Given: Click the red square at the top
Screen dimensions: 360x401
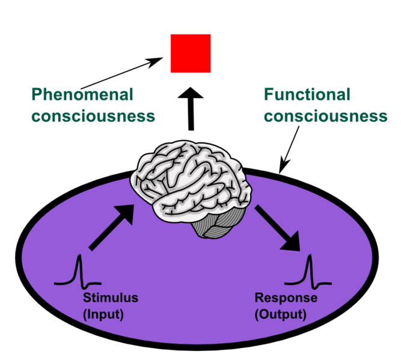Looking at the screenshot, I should pyautogui.click(x=191, y=53).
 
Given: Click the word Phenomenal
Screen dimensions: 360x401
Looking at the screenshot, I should pyautogui.click(x=82, y=94).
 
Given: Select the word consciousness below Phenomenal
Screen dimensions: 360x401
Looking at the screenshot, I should pyautogui.click(x=93, y=115).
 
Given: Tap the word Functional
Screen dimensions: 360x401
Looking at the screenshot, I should pyautogui.click(x=307, y=94).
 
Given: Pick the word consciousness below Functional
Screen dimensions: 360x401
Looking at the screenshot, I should pyautogui.click(x=325, y=115).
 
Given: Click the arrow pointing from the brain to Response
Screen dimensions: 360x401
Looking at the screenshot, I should pyautogui.click(x=277, y=228).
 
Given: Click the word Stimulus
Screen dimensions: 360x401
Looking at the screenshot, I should pyautogui.click(x=111, y=298).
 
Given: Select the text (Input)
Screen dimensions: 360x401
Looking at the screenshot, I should pyautogui.click(x=103, y=314).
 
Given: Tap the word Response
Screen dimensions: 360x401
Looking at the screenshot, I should pyautogui.click(x=286, y=298).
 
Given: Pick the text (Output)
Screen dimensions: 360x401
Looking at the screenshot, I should pyautogui.click(x=280, y=314).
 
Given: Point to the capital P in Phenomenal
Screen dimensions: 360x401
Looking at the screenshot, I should pyautogui.click(x=37, y=94).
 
